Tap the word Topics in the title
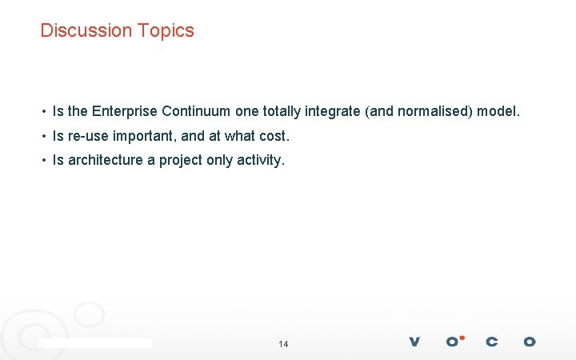(x=165, y=30)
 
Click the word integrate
(x=333, y=111)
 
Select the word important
(x=144, y=136)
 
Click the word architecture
(x=106, y=160)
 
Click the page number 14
(x=283, y=344)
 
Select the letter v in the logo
(x=414, y=342)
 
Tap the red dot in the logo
(x=462, y=337)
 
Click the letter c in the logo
(x=491, y=342)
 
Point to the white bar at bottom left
(x=95, y=342)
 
